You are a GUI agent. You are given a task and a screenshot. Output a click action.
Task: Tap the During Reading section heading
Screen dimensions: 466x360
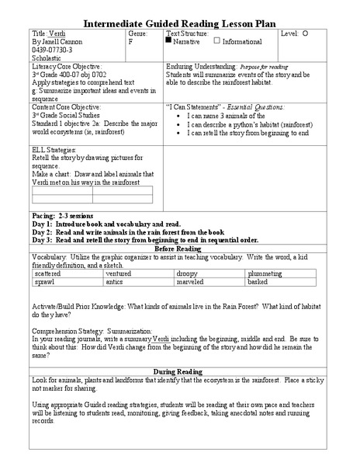179,371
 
